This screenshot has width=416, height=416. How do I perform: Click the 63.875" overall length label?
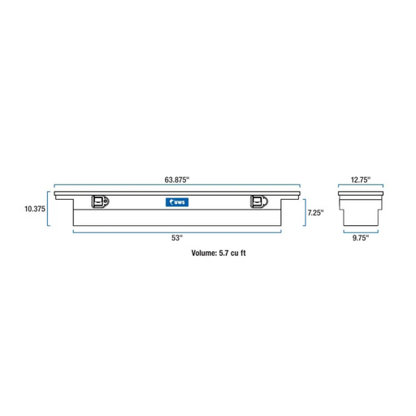coord(177,180)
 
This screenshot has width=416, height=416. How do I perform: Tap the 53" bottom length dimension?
coord(177,238)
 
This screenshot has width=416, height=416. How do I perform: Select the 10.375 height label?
coord(35,209)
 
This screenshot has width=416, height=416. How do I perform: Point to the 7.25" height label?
coord(315,213)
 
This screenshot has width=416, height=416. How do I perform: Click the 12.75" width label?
coord(361,180)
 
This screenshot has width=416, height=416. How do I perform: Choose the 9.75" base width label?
coord(361,238)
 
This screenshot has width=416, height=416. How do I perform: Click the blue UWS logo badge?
coord(177,202)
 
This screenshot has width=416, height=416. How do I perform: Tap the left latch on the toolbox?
coord(100,201)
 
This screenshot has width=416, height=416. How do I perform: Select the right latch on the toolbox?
coord(259,201)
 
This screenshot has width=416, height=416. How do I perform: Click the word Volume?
coord(204,253)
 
